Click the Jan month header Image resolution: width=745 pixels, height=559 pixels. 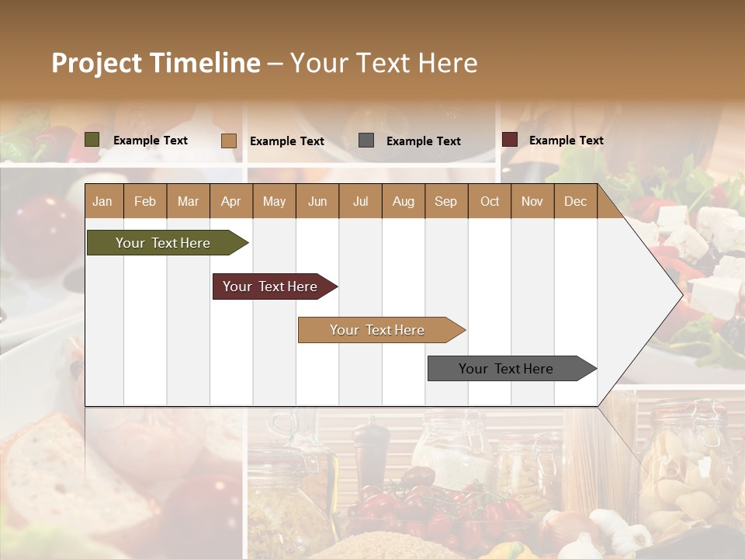[102, 202]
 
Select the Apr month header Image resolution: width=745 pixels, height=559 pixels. [231, 202]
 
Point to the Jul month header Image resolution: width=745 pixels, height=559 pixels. [360, 202]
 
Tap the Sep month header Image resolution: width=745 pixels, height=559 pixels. [445, 202]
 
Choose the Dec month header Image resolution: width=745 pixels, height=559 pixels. [575, 202]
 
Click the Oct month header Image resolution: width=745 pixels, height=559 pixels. [490, 202]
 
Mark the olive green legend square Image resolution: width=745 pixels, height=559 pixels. [92, 140]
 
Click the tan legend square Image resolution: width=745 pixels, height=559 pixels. [229, 141]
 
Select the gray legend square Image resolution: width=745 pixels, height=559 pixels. [366, 141]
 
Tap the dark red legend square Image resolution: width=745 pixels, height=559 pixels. [510, 140]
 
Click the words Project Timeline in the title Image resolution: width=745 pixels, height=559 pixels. [156, 63]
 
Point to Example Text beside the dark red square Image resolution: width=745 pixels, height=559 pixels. [566, 141]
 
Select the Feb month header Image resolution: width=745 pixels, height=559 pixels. [145, 202]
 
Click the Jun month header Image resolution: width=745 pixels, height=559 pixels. [317, 202]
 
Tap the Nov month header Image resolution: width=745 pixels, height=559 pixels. [532, 202]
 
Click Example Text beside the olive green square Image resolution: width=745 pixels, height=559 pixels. [151, 141]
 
